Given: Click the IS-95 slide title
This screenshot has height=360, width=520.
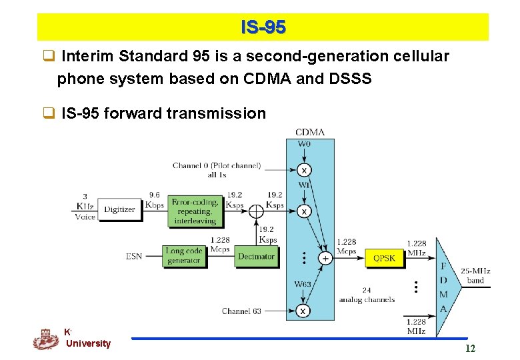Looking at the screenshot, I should point(263,27).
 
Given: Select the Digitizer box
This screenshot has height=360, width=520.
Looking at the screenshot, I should point(120,209).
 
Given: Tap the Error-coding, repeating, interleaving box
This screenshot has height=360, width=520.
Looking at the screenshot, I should point(195,211).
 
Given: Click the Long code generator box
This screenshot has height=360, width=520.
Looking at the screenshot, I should point(183,256).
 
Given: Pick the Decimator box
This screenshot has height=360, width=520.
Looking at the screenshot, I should point(256,257).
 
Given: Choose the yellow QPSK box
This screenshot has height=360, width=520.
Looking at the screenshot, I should point(385,257).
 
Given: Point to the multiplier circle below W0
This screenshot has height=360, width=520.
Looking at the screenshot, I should point(304,169).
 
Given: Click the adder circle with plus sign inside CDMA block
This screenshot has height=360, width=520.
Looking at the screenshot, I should point(325,258).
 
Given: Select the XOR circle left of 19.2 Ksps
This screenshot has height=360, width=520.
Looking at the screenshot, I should point(256,211).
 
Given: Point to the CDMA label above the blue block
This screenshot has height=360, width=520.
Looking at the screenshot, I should point(310,132).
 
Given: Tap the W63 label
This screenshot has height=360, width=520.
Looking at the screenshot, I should point(303,285).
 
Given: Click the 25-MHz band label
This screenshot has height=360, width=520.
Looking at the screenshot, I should point(475,276).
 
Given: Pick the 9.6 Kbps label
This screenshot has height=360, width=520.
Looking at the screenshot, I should point(154,199).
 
